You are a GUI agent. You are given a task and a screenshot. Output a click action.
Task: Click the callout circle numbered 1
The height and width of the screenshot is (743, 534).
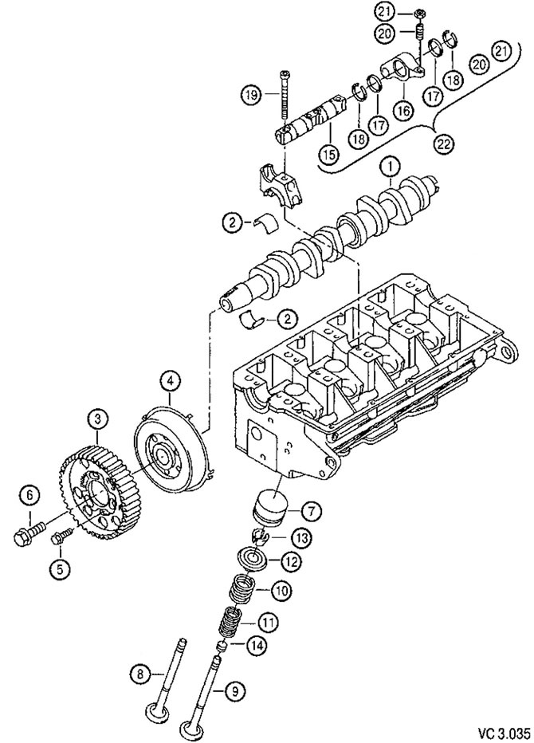pyautogui.click(x=391, y=167)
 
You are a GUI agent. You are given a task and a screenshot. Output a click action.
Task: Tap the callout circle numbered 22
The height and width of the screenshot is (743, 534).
pyautogui.click(x=444, y=144)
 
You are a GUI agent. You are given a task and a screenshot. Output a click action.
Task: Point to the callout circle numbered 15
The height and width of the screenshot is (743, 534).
pyautogui.click(x=329, y=154)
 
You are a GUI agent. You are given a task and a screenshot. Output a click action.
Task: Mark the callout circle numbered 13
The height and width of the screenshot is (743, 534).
pyautogui.click(x=301, y=538)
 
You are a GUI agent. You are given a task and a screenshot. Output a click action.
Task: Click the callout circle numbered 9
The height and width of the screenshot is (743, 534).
pyautogui.click(x=232, y=692)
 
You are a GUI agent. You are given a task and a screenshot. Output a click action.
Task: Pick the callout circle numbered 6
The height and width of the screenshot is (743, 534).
pyautogui.click(x=30, y=497)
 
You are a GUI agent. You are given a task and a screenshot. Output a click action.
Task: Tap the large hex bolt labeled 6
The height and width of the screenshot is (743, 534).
pyautogui.click(x=29, y=531)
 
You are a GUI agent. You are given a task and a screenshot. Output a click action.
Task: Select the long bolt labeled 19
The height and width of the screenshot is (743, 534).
pyautogui.click(x=284, y=96)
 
